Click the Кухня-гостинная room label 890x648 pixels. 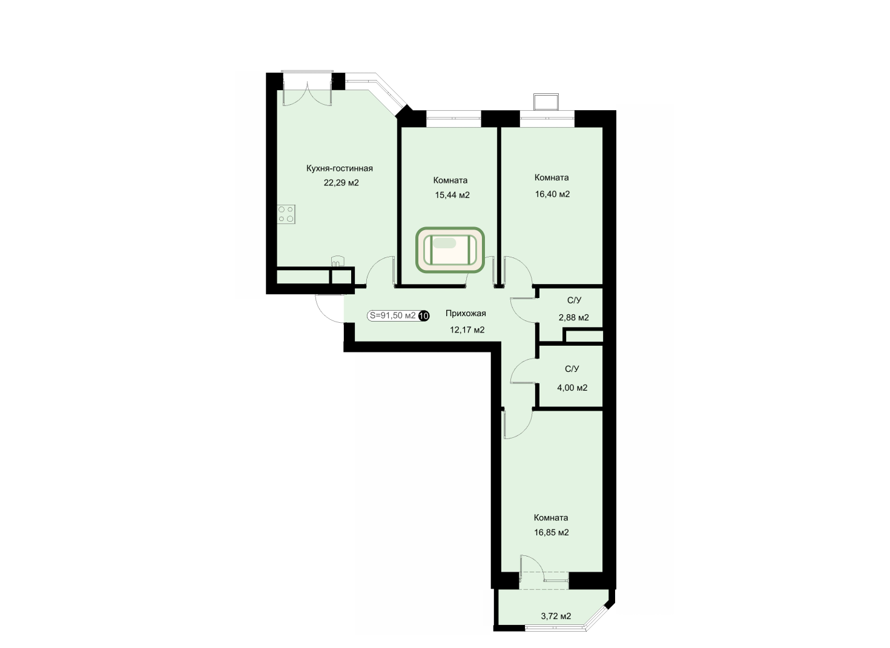click(339, 168)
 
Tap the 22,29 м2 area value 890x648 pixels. click(341, 183)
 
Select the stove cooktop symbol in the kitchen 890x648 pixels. click(286, 214)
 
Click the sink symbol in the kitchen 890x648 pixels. click(337, 261)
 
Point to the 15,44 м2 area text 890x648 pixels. click(452, 195)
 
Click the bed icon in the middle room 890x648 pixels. click(450, 250)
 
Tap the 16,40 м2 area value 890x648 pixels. click(552, 194)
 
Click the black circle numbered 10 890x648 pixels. click(424, 316)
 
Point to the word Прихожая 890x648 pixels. click(466, 314)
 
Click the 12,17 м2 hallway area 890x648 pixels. click(467, 330)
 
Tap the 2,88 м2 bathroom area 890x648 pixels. click(574, 317)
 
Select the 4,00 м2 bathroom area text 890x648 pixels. click(572, 388)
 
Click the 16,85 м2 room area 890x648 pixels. click(552, 532)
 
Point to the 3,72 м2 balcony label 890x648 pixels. click(556, 616)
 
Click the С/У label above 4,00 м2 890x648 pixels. click(572, 369)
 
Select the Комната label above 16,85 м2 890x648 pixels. click(551, 518)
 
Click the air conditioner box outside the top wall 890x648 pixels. click(546, 102)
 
